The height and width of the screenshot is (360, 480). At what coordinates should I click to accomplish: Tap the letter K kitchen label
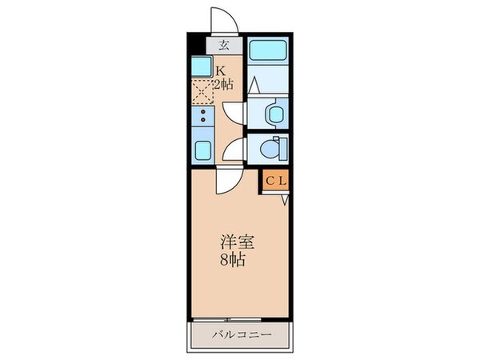218,70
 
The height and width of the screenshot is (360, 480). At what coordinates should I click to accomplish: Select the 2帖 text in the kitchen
223,83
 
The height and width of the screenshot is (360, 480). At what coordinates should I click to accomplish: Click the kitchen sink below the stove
201,148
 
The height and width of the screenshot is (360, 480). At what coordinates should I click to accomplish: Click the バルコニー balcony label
241,334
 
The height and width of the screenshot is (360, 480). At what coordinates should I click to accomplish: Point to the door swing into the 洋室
225,181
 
